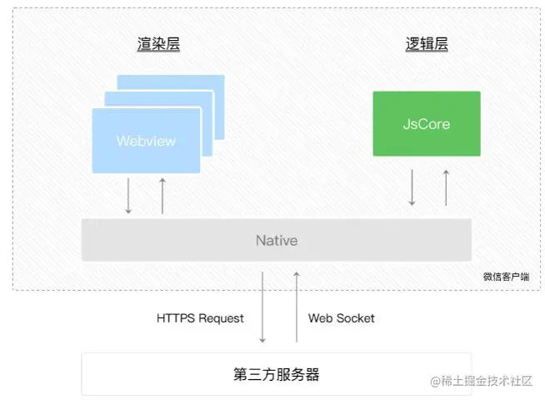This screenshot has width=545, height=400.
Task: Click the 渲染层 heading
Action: (158, 44)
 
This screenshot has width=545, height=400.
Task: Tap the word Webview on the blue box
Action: (146, 141)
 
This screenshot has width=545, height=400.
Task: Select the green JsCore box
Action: (426, 123)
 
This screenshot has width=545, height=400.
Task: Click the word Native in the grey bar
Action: (276, 241)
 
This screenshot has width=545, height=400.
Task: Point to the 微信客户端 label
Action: (506, 277)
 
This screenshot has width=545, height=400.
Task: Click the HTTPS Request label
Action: (200, 318)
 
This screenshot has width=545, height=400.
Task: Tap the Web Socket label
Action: (341, 318)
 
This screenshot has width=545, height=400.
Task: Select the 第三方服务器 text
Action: (276, 374)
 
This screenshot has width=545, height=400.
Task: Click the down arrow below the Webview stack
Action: (128, 196)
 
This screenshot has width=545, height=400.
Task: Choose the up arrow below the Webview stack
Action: (162, 196)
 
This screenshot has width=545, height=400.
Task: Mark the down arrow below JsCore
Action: (412, 187)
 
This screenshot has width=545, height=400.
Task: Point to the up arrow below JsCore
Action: (446, 187)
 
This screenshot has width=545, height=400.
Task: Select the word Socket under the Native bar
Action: (356, 318)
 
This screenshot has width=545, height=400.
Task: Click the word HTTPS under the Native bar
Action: (176, 318)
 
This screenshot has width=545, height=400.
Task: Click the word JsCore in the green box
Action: (426, 124)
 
